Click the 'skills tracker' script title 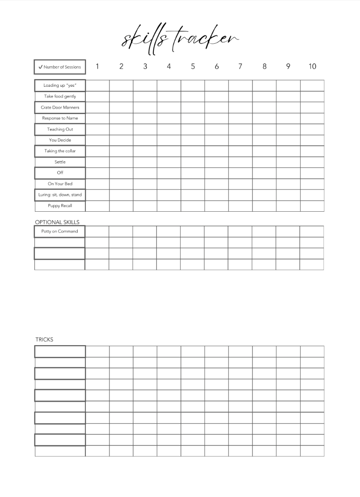point(180,40)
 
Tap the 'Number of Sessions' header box point(59,67)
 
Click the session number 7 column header point(240,66)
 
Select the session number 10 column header point(312,66)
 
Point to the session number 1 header point(97,66)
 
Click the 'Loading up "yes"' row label point(60,85)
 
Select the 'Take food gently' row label point(60,96)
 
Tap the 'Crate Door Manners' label point(60,107)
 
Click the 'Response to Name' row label point(60,118)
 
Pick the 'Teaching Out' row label point(60,129)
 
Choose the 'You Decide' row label point(60,140)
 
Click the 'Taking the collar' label point(60,151)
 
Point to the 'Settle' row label point(60,162)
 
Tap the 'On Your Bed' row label point(60,184)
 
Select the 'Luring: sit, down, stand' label point(60,194)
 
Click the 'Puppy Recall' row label point(60,206)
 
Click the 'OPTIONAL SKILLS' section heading point(57,222)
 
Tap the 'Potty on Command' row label point(59,231)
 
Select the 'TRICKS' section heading point(44,339)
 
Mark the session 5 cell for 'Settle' point(192,162)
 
